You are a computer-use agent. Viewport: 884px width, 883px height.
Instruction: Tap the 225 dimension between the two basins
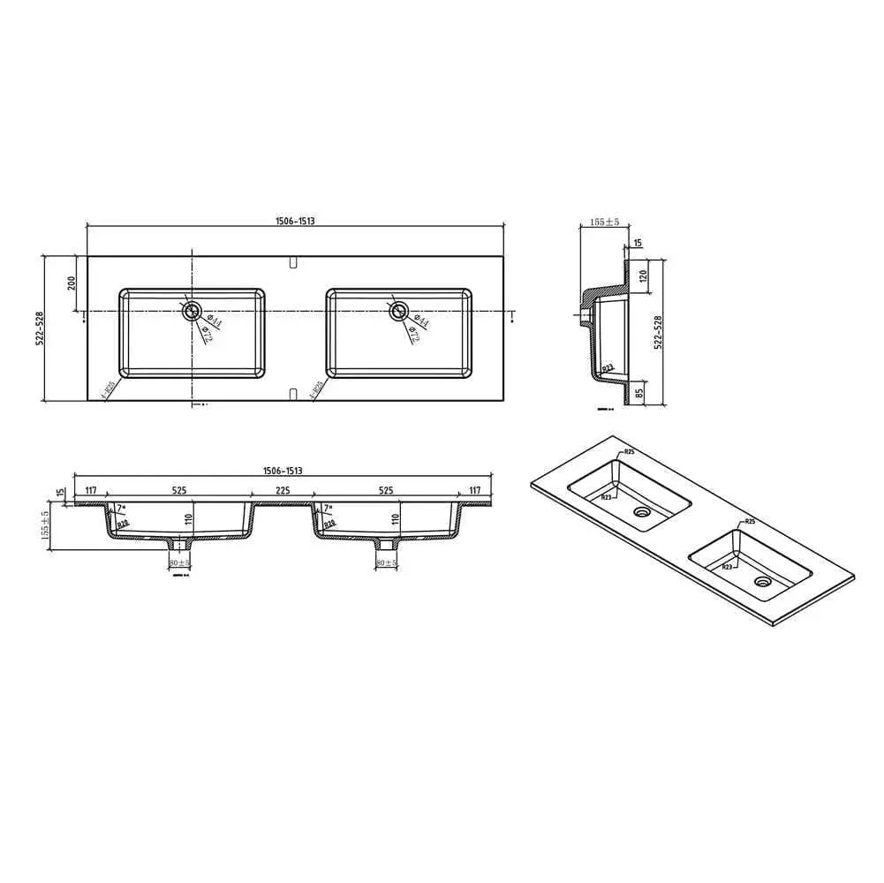(x=282, y=490)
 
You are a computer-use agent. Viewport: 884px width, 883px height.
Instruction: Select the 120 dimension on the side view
(x=643, y=275)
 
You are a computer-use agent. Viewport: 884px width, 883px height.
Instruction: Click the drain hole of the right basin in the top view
(x=399, y=310)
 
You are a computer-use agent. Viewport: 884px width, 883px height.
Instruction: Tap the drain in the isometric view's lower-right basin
(x=761, y=581)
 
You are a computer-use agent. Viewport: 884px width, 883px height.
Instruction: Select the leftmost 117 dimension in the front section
(x=90, y=490)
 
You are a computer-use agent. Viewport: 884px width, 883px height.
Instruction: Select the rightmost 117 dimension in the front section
(x=474, y=490)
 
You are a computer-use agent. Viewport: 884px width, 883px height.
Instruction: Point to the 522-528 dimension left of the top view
(x=41, y=328)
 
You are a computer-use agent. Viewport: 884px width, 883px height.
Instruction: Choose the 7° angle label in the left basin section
(x=121, y=508)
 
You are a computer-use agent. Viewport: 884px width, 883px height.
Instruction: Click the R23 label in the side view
(x=608, y=366)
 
